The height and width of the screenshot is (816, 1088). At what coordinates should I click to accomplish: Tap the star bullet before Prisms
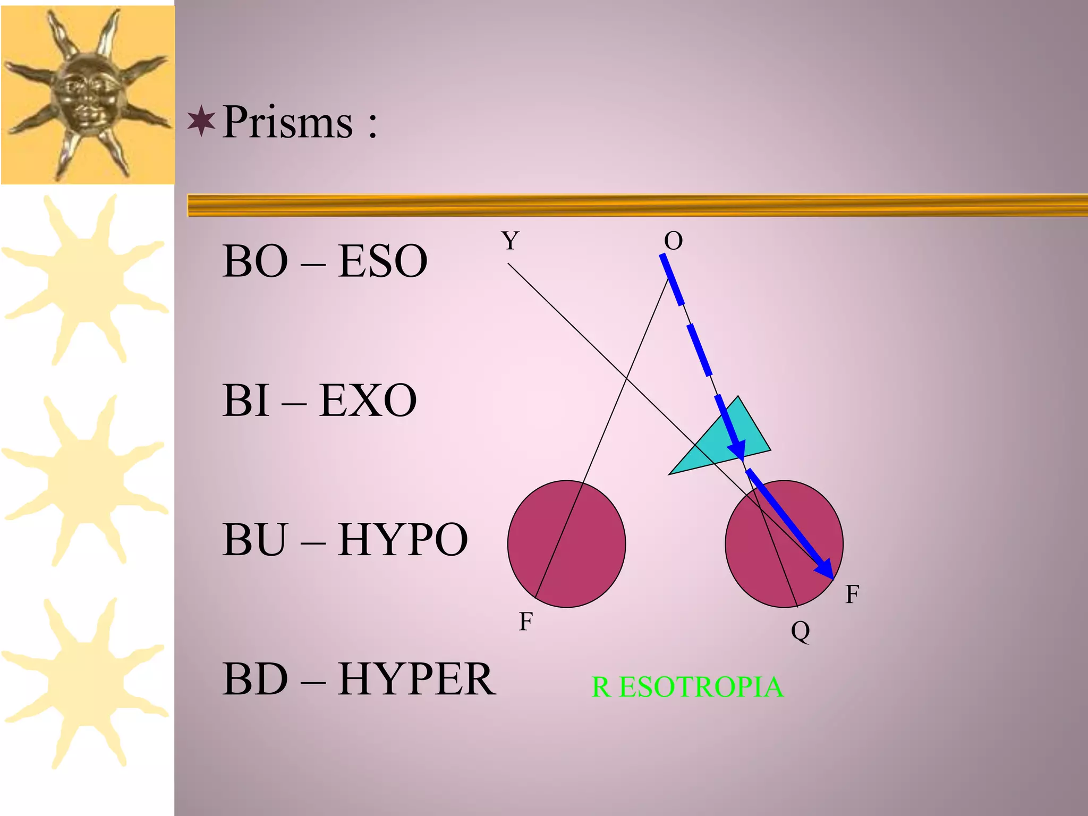pyautogui.click(x=201, y=121)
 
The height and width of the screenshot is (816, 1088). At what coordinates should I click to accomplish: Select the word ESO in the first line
pyautogui.click(x=382, y=261)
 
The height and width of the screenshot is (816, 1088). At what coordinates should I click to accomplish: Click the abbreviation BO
pyautogui.click(x=255, y=261)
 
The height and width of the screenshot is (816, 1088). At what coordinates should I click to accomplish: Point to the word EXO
pyautogui.click(x=368, y=401)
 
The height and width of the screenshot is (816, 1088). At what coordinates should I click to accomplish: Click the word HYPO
pyautogui.click(x=403, y=540)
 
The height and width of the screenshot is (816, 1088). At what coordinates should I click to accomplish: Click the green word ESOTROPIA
pyautogui.click(x=701, y=687)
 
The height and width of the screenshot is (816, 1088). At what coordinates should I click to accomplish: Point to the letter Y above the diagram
pyautogui.click(x=511, y=241)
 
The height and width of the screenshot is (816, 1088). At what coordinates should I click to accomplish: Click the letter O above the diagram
pyautogui.click(x=673, y=241)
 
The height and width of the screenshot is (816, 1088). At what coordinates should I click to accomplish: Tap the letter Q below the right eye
pyautogui.click(x=800, y=631)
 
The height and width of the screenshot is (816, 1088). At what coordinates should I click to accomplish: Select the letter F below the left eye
pyautogui.click(x=526, y=621)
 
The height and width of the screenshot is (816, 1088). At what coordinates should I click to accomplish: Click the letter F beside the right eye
pyautogui.click(x=852, y=594)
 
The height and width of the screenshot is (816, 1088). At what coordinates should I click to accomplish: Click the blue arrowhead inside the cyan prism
pyautogui.click(x=737, y=449)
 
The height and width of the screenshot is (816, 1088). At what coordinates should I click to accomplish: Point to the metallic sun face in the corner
pyautogui.click(x=88, y=93)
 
